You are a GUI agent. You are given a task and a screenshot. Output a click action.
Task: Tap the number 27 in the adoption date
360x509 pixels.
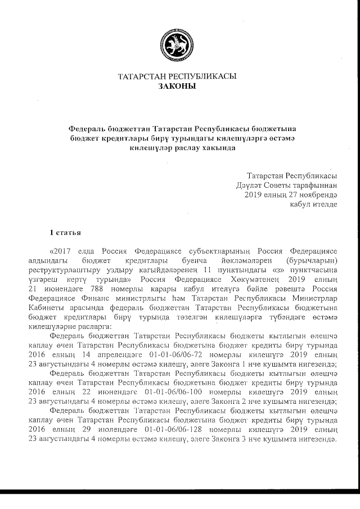pos(289,194)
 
